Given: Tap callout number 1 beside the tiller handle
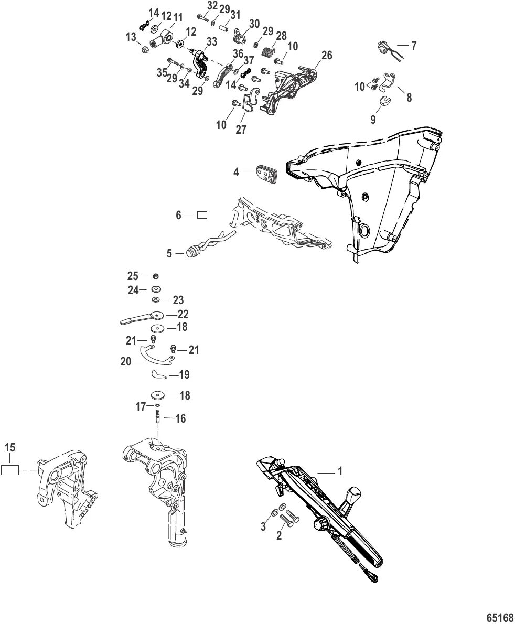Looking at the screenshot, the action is coord(340,471).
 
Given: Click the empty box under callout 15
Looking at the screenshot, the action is coord(10,470).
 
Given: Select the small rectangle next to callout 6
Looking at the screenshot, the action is coord(202,216).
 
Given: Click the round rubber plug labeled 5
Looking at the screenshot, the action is coord(193,252).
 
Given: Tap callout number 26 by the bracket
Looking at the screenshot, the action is coord(327,55).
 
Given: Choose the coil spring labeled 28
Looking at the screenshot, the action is coord(271,51).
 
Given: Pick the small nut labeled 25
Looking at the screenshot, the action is coord(156,276).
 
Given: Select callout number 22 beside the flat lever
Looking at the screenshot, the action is coord(183,314).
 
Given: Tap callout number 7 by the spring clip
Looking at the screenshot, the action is coord(414,46).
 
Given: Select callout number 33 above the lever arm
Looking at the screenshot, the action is coord(212,42).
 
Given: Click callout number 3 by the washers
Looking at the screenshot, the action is coord(263,526).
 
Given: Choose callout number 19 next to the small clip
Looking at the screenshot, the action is coord(184,374).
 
